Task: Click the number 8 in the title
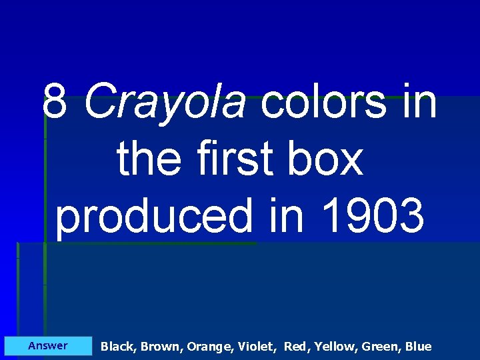click(55, 103)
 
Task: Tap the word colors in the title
click(323, 103)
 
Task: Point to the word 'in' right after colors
click(417, 103)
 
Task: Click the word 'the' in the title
click(148, 160)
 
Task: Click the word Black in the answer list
click(117, 347)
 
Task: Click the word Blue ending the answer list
click(418, 347)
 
